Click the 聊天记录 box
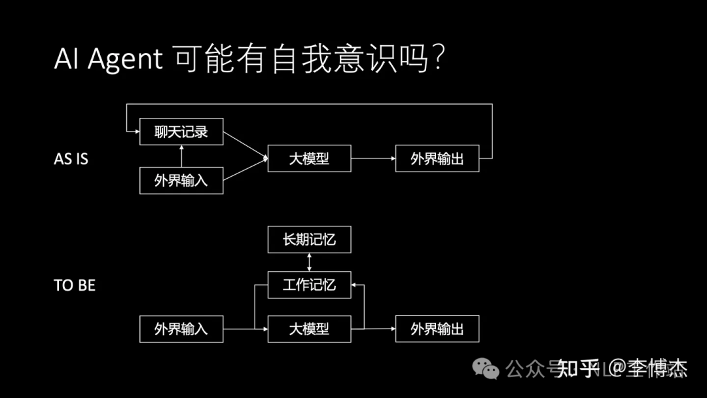pos(181,132)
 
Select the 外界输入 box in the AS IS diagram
pos(181,181)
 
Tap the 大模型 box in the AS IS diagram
pos(309,158)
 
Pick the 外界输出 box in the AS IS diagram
pos(437,158)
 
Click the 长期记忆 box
pos(309,240)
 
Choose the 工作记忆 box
pos(309,285)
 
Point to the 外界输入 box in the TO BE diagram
pos(181,329)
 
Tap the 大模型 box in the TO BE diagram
pos(309,329)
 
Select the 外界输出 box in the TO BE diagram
pos(437,329)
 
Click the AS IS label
pos(71,159)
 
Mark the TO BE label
pos(75,285)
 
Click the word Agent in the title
pos(124,60)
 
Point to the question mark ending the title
pos(439,59)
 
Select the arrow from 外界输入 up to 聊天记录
pos(181,156)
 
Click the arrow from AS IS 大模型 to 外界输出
pos(373,158)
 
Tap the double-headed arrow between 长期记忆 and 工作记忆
pos(309,262)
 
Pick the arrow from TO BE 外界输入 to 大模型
pos(245,329)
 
